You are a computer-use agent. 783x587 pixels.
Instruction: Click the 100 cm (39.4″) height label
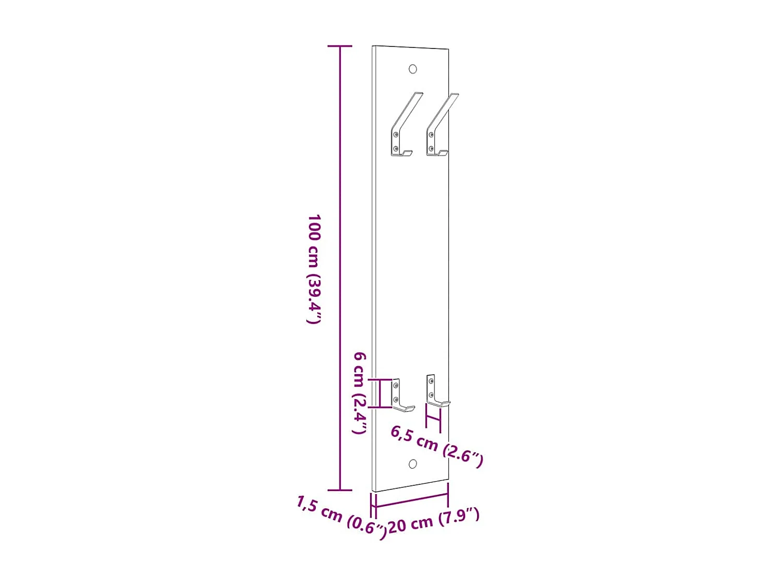[314, 269]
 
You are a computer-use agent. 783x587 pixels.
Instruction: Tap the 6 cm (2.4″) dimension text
[360, 392]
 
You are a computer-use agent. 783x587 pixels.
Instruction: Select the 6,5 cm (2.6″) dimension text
[437, 445]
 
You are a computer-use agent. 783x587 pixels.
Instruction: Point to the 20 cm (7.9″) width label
[433, 520]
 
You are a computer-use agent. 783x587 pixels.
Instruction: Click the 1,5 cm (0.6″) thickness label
[342, 517]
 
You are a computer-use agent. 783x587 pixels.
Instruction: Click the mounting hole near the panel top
[412, 69]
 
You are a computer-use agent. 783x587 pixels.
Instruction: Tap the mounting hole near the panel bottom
[412, 464]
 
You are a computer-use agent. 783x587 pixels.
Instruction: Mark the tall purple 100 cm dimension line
[340, 269]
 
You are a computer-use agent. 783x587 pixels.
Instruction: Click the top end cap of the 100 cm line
[340, 46]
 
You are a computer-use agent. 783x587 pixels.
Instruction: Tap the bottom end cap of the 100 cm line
[340, 490]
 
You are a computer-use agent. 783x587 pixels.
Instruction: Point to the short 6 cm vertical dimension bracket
[379, 393]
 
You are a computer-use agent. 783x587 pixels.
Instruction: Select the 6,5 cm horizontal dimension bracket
[433, 417]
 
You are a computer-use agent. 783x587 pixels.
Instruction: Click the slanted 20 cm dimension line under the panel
[411, 499]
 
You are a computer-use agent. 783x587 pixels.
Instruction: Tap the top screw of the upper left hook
[396, 135]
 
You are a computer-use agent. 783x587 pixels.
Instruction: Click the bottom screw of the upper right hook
[431, 149]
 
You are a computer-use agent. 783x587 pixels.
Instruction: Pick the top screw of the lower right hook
[431, 381]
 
